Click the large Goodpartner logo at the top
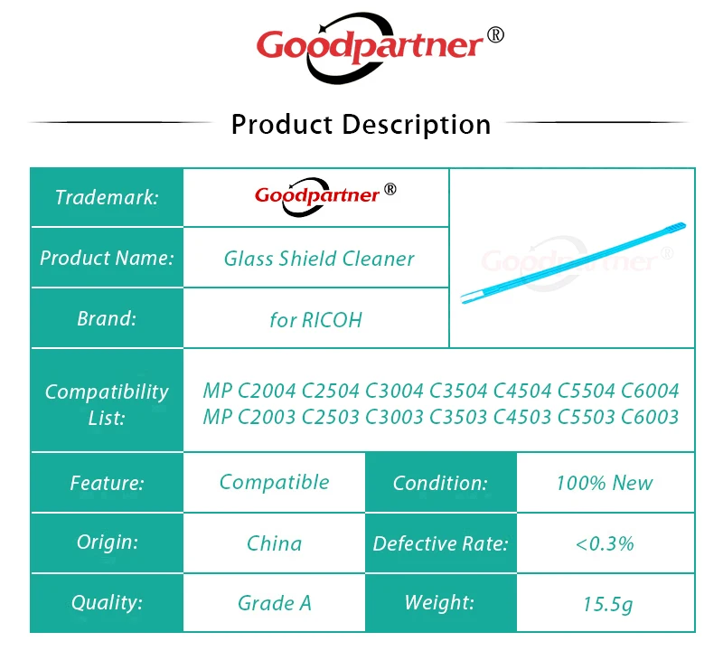[x=380, y=48]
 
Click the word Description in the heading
[x=417, y=125]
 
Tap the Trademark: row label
[x=107, y=197]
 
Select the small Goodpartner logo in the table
[x=325, y=196]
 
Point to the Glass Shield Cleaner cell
[x=319, y=259]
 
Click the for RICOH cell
[x=315, y=320]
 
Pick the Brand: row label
[x=107, y=318]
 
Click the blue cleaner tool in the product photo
[x=573, y=263]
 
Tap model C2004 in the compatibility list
[x=266, y=391]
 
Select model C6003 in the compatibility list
[x=650, y=417]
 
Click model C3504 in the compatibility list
[x=458, y=391]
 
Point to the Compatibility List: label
[x=107, y=405]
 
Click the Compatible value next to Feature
[x=275, y=482]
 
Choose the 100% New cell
[x=605, y=483]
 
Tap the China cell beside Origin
[x=275, y=543]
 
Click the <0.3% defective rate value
[x=605, y=543]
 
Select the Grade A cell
[x=275, y=603]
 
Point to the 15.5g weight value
[x=607, y=604]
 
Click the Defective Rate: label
[x=440, y=543]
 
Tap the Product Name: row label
[x=107, y=258]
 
